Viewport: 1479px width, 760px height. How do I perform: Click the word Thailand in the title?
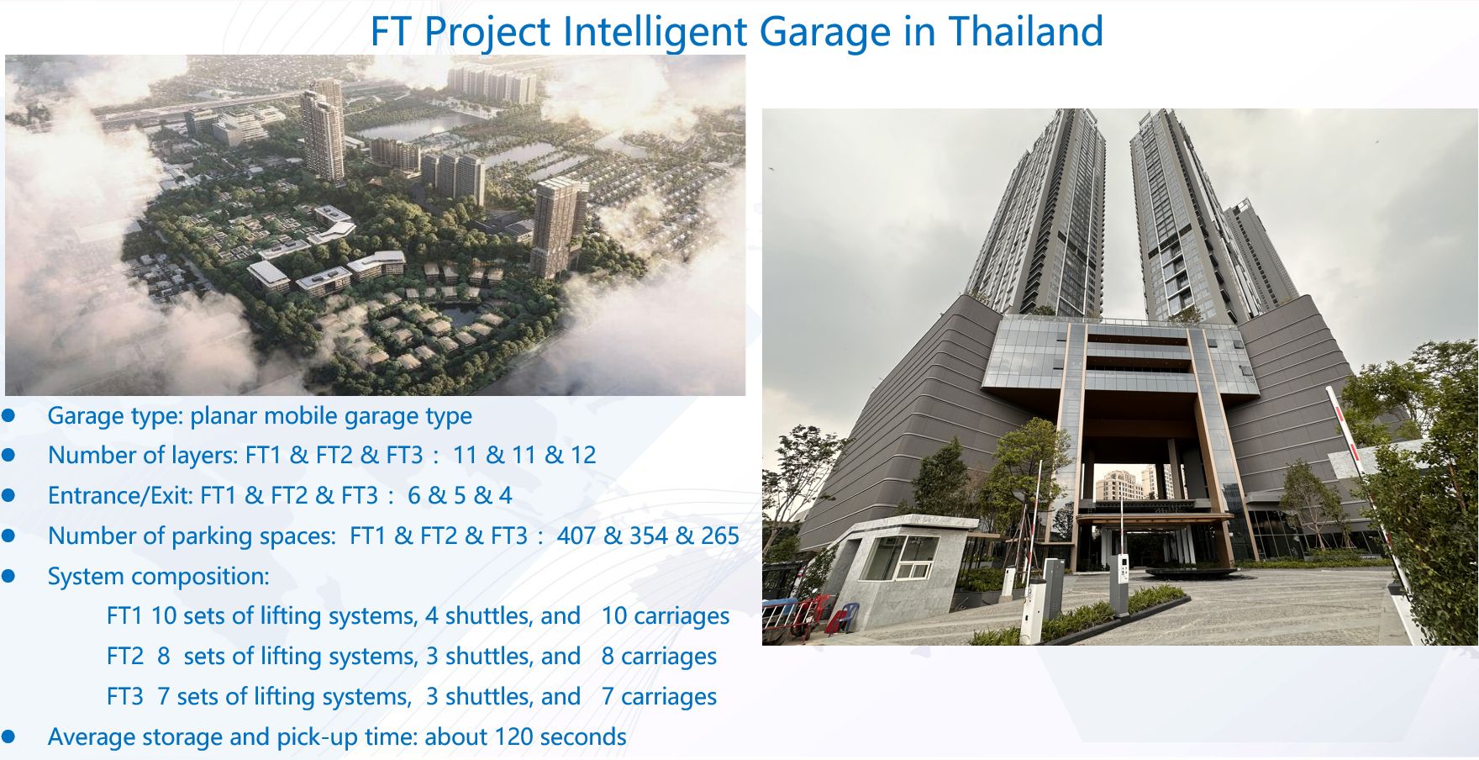pyautogui.click(x=1025, y=32)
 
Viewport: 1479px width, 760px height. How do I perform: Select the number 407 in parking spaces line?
pyautogui.click(x=577, y=536)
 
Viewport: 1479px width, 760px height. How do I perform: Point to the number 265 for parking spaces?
pyautogui.click(x=720, y=536)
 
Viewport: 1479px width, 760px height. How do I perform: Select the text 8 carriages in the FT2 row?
pyautogui.click(x=659, y=656)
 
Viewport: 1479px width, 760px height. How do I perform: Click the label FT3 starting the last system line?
pyautogui.click(x=125, y=696)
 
